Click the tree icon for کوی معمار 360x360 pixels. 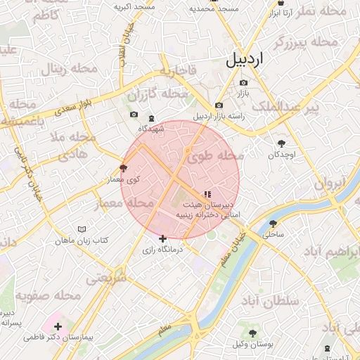124,169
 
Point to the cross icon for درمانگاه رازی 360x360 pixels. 163,239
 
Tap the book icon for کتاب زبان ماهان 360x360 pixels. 82,230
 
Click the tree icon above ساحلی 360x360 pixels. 273,224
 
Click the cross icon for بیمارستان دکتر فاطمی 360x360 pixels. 57,326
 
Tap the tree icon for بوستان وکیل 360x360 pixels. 254,333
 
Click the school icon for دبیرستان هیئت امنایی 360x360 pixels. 207,194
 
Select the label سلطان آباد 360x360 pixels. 276,301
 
